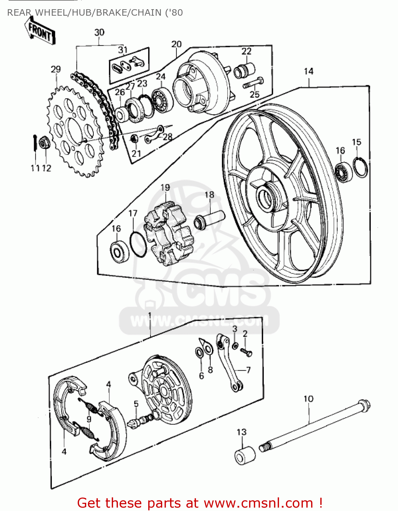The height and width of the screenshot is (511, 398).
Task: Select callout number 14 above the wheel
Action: point(308,71)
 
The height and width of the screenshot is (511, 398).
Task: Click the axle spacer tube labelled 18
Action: point(209,219)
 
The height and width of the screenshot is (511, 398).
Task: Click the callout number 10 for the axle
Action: point(308,399)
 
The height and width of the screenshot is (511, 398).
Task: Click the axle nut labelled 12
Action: point(44,142)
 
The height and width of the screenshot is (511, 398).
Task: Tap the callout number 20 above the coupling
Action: point(177,44)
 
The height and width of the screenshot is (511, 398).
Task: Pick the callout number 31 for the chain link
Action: point(123,50)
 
